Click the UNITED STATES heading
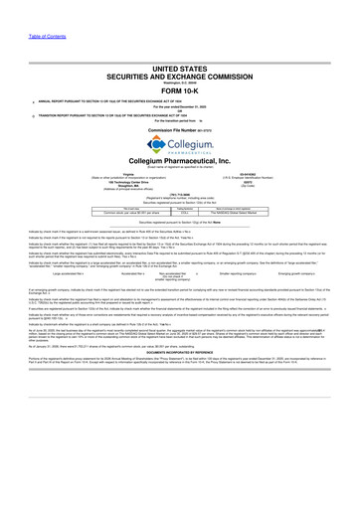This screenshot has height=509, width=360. coord(180,37)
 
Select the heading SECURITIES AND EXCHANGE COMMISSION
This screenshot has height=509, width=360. coord(180,47)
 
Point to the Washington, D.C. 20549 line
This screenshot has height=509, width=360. coord(180,55)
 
